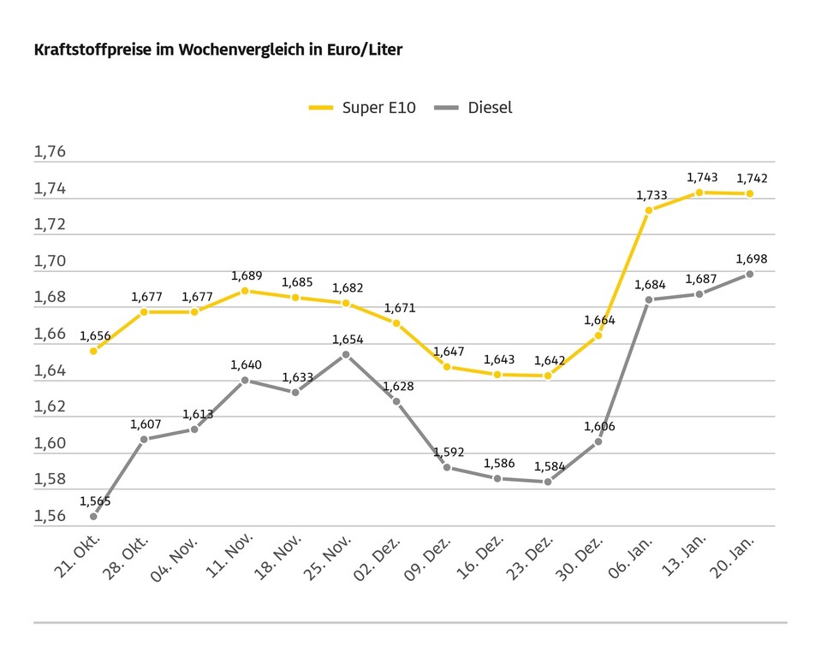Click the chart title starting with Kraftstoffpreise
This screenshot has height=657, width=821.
coord(217,50)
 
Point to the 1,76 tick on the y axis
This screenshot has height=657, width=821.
coord(50,152)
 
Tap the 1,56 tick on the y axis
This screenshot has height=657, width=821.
coord(50,517)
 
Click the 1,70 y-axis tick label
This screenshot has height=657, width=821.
coord(50,262)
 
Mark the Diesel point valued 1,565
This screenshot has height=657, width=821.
coord(93,517)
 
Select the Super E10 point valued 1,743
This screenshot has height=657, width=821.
coord(699,192)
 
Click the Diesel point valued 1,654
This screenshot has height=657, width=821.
coord(346,354)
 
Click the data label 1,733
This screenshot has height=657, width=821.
coord(651,196)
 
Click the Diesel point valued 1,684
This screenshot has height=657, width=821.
coord(649,299)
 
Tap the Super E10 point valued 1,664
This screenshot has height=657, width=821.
coord(598,335)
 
